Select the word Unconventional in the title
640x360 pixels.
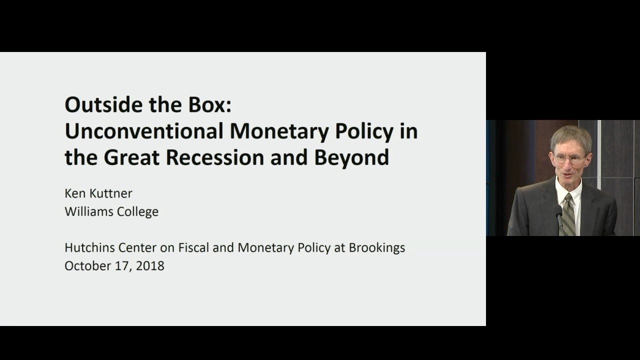[144, 131]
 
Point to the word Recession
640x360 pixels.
[226, 157]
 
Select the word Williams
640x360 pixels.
[88, 211]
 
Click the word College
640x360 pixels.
[137, 211]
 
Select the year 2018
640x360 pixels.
[150, 265]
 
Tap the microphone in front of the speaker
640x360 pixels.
[558, 210]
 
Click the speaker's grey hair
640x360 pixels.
[570, 135]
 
